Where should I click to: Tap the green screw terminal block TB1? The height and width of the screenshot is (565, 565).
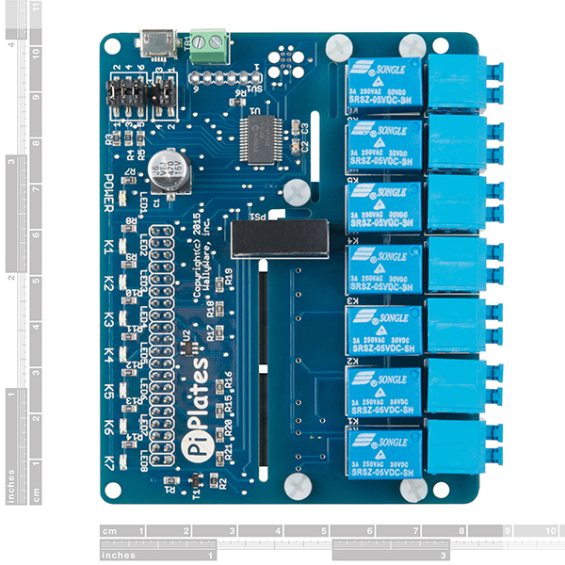[x=211, y=45]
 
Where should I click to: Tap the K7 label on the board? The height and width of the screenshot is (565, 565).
[x=109, y=462]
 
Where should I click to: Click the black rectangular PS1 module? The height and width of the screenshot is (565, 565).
[x=281, y=238]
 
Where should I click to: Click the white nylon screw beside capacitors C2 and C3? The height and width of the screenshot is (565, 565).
[x=295, y=190]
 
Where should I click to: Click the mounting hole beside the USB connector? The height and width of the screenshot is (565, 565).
[x=112, y=44]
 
